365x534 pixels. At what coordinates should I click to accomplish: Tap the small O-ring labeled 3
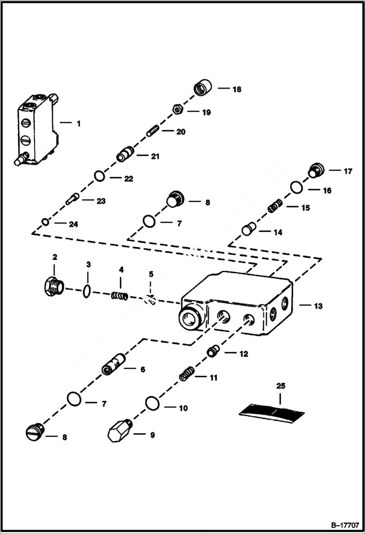point(86,291)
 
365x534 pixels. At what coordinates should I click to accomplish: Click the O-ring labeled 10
point(152,403)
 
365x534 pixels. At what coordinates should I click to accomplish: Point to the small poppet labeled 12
point(212,350)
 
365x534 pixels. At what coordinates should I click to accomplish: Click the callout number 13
point(318,306)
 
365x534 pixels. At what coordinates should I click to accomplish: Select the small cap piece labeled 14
point(250,228)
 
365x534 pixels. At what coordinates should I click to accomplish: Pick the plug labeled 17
point(316,171)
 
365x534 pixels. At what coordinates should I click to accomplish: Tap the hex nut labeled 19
point(177,109)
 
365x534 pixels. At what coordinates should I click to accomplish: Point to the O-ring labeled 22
point(100,176)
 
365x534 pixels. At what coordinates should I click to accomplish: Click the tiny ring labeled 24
point(45,222)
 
